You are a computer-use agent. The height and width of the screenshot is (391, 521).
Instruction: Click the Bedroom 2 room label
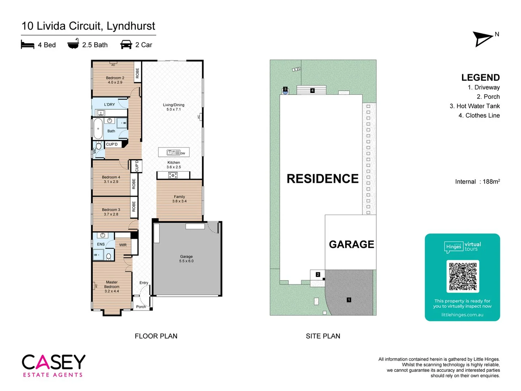115,78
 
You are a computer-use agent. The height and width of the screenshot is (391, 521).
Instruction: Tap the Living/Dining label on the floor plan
174,105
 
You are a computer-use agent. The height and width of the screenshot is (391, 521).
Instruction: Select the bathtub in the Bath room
98,129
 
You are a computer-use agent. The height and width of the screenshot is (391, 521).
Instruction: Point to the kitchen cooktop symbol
173,176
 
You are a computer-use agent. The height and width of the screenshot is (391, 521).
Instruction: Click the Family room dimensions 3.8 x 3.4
179,201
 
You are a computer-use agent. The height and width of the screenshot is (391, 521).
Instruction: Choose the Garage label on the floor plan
186,256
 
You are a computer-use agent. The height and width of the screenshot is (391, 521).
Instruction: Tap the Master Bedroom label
112,284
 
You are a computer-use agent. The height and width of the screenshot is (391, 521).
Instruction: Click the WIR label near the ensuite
123,245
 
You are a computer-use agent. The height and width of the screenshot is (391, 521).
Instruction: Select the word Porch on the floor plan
141,307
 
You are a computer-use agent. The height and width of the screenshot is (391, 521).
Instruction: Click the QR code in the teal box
463,276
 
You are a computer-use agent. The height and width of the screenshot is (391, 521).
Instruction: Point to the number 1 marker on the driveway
349,300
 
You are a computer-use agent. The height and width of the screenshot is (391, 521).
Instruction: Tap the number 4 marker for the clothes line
312,91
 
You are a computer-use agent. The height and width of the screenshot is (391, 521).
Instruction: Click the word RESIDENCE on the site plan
322,178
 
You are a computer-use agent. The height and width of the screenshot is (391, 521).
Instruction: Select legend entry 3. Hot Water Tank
475,106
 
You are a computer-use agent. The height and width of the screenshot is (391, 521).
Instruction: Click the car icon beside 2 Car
126,45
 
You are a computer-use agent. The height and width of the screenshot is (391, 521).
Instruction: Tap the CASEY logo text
54,362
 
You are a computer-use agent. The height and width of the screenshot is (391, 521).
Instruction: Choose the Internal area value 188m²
491,182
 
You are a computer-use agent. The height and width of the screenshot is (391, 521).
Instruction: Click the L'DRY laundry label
109,105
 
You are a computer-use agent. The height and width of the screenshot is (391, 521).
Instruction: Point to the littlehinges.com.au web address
462,315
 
